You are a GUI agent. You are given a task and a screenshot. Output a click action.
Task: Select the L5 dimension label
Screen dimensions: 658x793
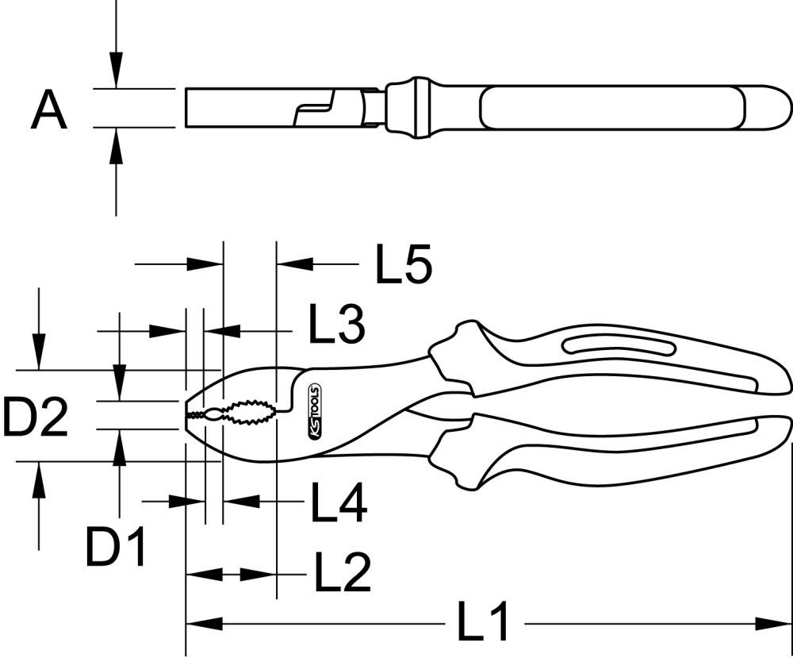click(x=404, y=264)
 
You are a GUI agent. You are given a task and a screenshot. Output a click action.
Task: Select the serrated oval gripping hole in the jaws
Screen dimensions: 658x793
click(x=247, y=413)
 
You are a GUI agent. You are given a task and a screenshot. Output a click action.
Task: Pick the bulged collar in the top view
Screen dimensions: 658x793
click(x=416, y=107)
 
